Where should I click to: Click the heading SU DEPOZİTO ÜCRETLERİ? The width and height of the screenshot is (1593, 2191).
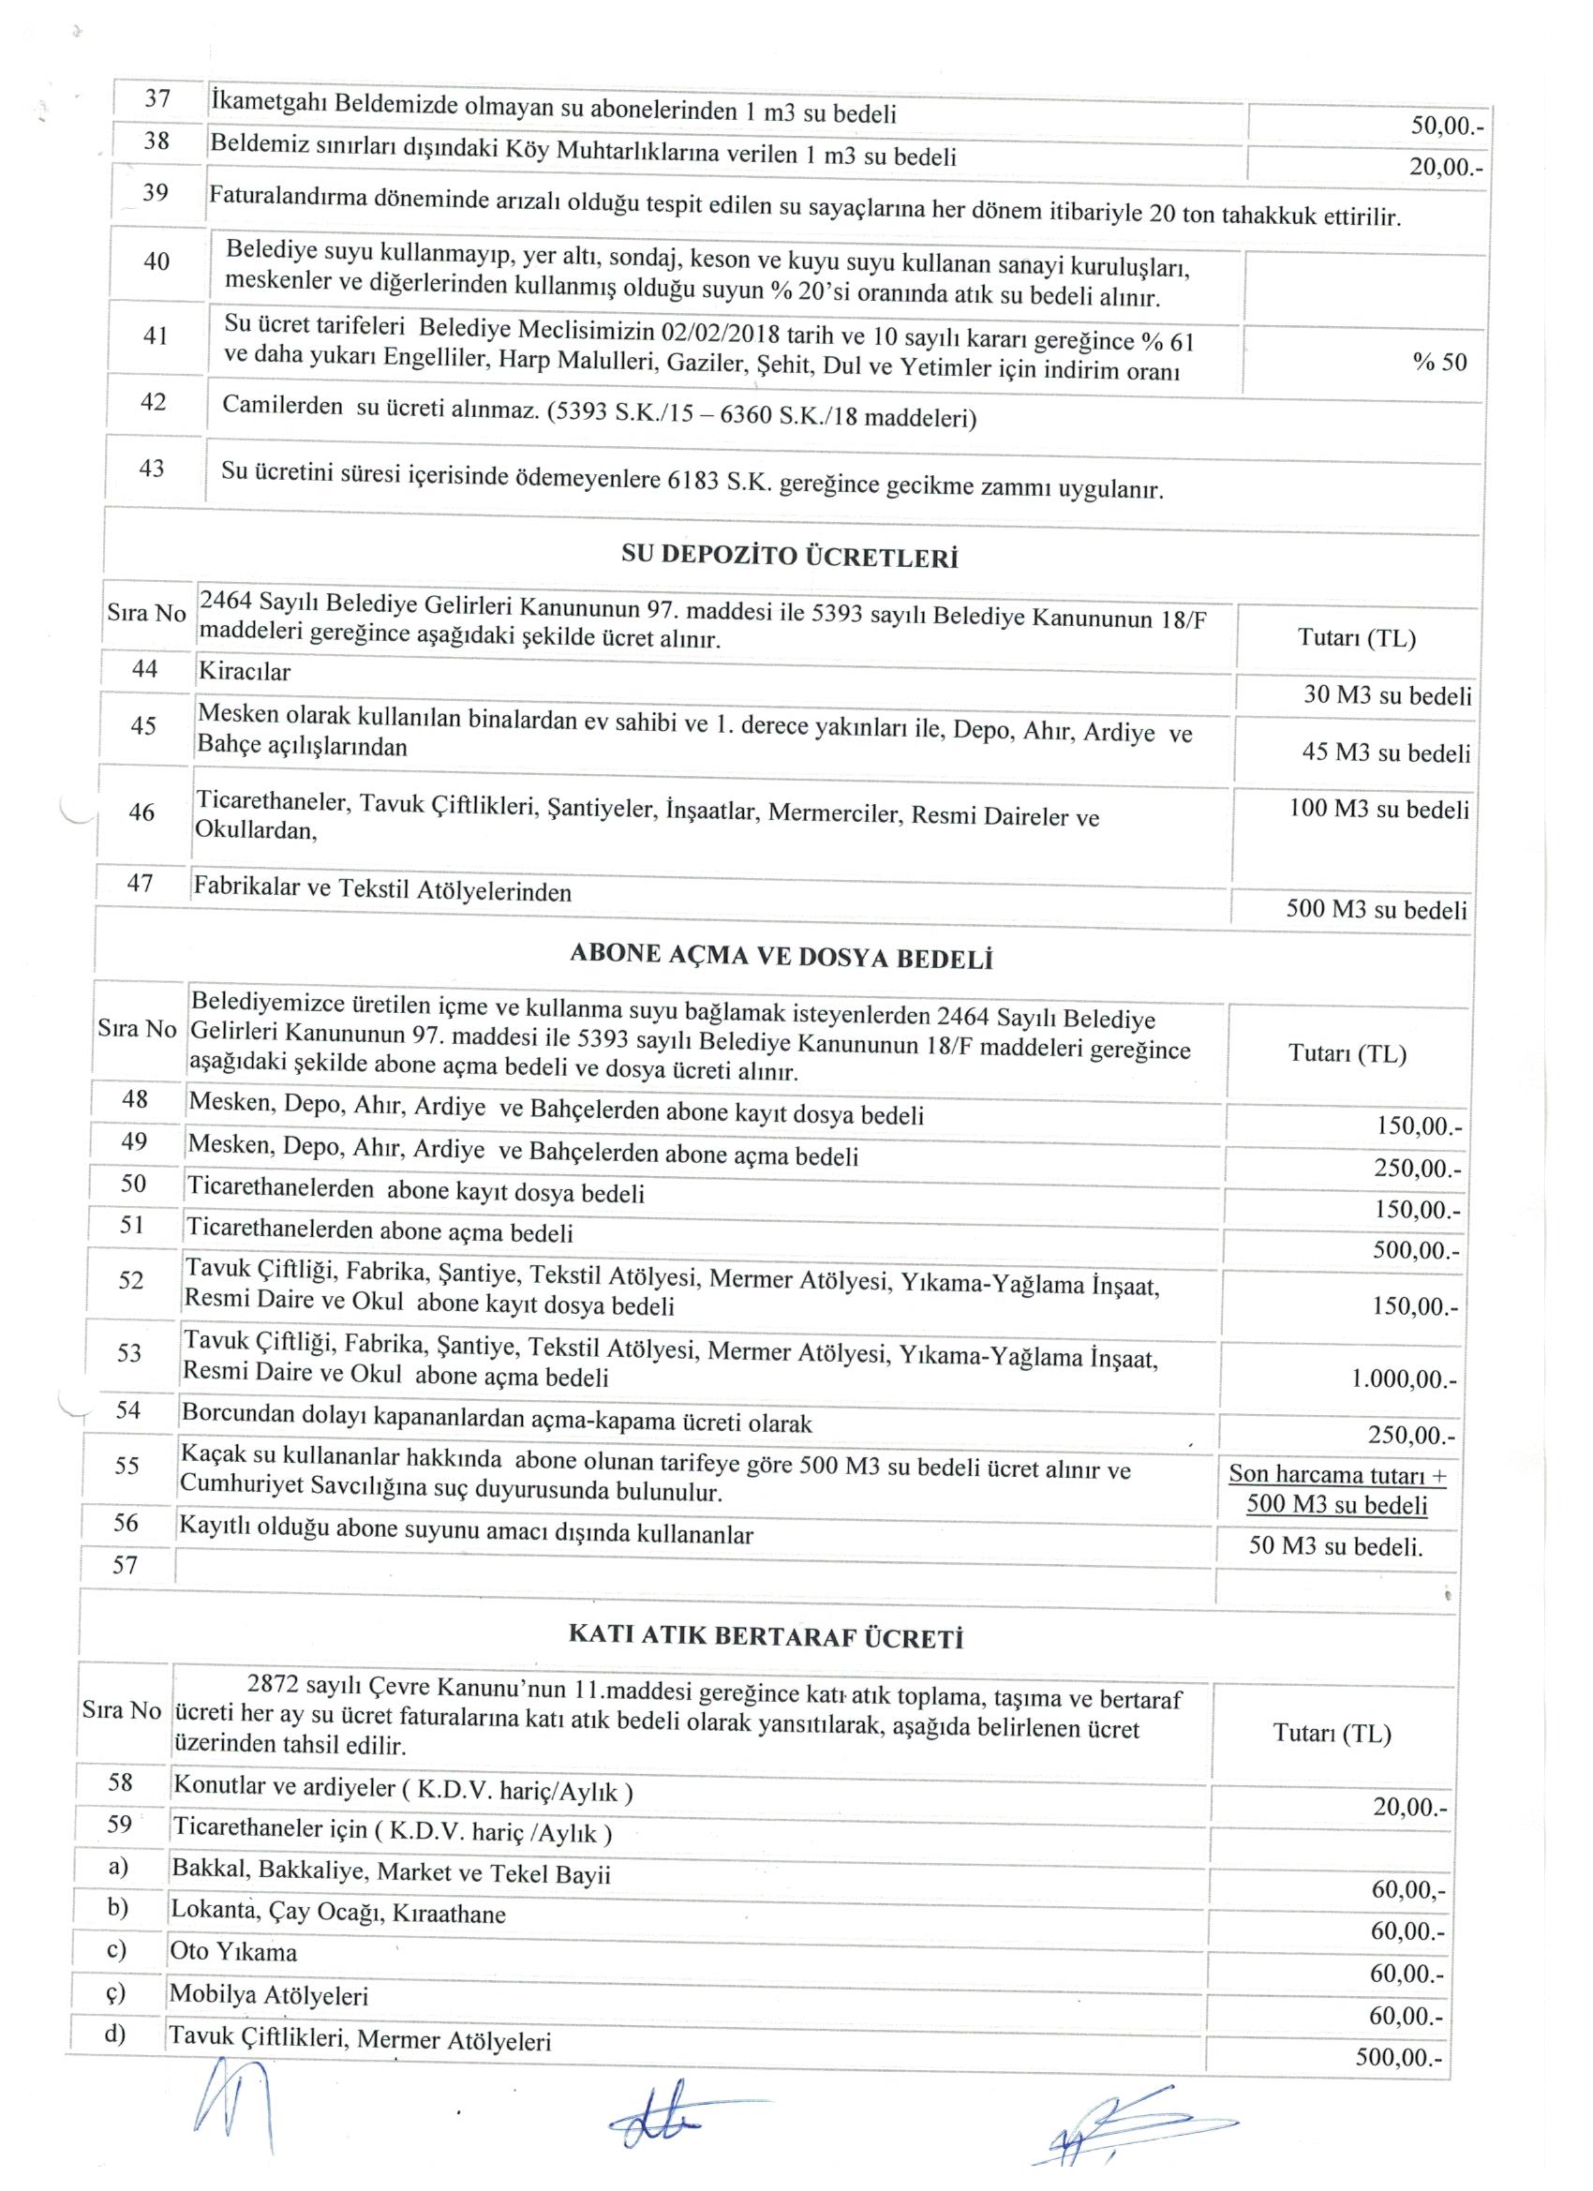[x=789, y=558]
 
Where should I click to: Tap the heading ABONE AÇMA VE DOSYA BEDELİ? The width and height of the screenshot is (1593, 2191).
[x=782, y=958]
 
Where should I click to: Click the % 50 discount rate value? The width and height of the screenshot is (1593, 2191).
[x=1439, y=363]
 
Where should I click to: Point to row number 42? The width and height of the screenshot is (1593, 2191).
[x=154, y=403]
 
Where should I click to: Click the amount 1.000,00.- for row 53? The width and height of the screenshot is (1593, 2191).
[x=1404, y=1380]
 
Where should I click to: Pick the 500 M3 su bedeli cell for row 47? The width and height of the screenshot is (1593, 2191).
[x=1377, y=909]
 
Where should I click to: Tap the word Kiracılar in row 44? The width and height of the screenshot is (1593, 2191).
[x=245, y=670]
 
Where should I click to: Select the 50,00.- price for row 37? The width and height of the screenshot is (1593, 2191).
[x=1446, y=126]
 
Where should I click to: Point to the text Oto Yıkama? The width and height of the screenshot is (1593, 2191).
[x=233, y=1951]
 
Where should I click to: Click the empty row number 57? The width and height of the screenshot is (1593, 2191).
[x=126, y=1565]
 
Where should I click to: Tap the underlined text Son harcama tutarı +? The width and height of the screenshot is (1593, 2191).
[x=1338, y=1475]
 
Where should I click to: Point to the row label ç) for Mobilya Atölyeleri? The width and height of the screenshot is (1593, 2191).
[x=117, y=1992]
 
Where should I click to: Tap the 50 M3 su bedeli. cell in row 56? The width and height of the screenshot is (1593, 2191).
[x=1336, y=1544]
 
